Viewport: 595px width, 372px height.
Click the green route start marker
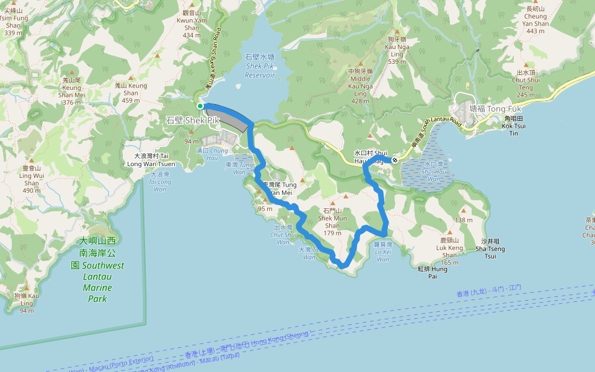coord(200,106)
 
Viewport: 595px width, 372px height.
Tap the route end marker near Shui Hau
coord(395,161)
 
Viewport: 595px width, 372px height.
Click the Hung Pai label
coord(432,272)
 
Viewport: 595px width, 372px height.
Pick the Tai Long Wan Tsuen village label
coord(151,160)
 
